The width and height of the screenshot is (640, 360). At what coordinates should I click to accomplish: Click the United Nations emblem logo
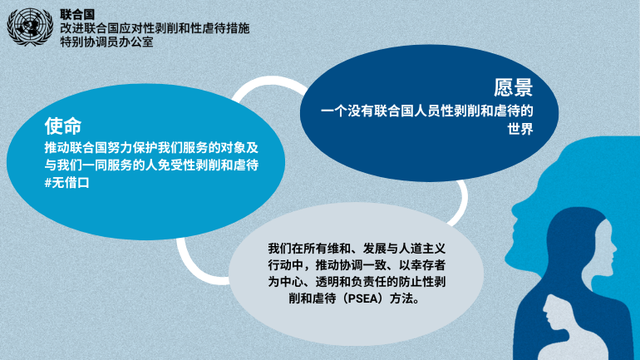click(30, 27)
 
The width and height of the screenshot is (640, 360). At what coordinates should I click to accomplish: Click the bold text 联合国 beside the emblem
click(77, 15)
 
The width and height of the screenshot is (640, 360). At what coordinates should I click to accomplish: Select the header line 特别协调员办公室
click(106, 42)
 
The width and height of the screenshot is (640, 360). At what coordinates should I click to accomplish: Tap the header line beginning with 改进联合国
click(155, 28)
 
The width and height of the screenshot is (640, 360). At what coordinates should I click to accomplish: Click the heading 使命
click(63, 126)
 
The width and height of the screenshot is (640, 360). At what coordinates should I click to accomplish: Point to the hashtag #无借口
click(66, 182)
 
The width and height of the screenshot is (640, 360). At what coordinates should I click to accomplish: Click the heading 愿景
click(513, 87)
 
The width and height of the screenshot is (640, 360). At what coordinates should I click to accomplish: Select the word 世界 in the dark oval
click(520, 129)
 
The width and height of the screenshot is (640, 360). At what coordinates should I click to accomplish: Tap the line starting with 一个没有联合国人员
click(427, 111)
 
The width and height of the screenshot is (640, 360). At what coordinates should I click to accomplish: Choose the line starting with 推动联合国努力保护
click(151, 147)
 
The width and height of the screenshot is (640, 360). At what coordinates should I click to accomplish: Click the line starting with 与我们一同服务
click(151, 165)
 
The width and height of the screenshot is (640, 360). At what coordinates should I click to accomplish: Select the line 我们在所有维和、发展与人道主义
click(357, 248)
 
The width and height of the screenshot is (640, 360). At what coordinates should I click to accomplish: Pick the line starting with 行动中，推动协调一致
click(357, 265)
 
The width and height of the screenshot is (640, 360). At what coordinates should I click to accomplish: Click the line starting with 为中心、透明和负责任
click(357, 282)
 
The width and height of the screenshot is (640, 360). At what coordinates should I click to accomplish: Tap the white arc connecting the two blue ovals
click(269, 81)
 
